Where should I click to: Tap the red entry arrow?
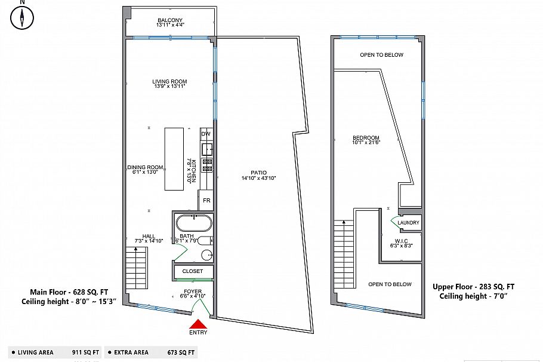198,323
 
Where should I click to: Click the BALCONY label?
170,20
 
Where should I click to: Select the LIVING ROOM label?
169,82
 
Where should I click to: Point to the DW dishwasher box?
206,134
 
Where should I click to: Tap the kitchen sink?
206,149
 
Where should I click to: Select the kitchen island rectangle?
174,159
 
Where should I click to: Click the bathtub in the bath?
193,224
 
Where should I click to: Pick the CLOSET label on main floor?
193,271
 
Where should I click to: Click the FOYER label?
193,292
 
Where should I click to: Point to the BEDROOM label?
366,139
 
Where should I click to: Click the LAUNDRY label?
409,223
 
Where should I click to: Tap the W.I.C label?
400,241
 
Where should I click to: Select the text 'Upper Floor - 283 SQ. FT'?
473,286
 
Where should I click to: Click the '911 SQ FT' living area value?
85,352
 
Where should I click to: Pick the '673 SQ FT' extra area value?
182,352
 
